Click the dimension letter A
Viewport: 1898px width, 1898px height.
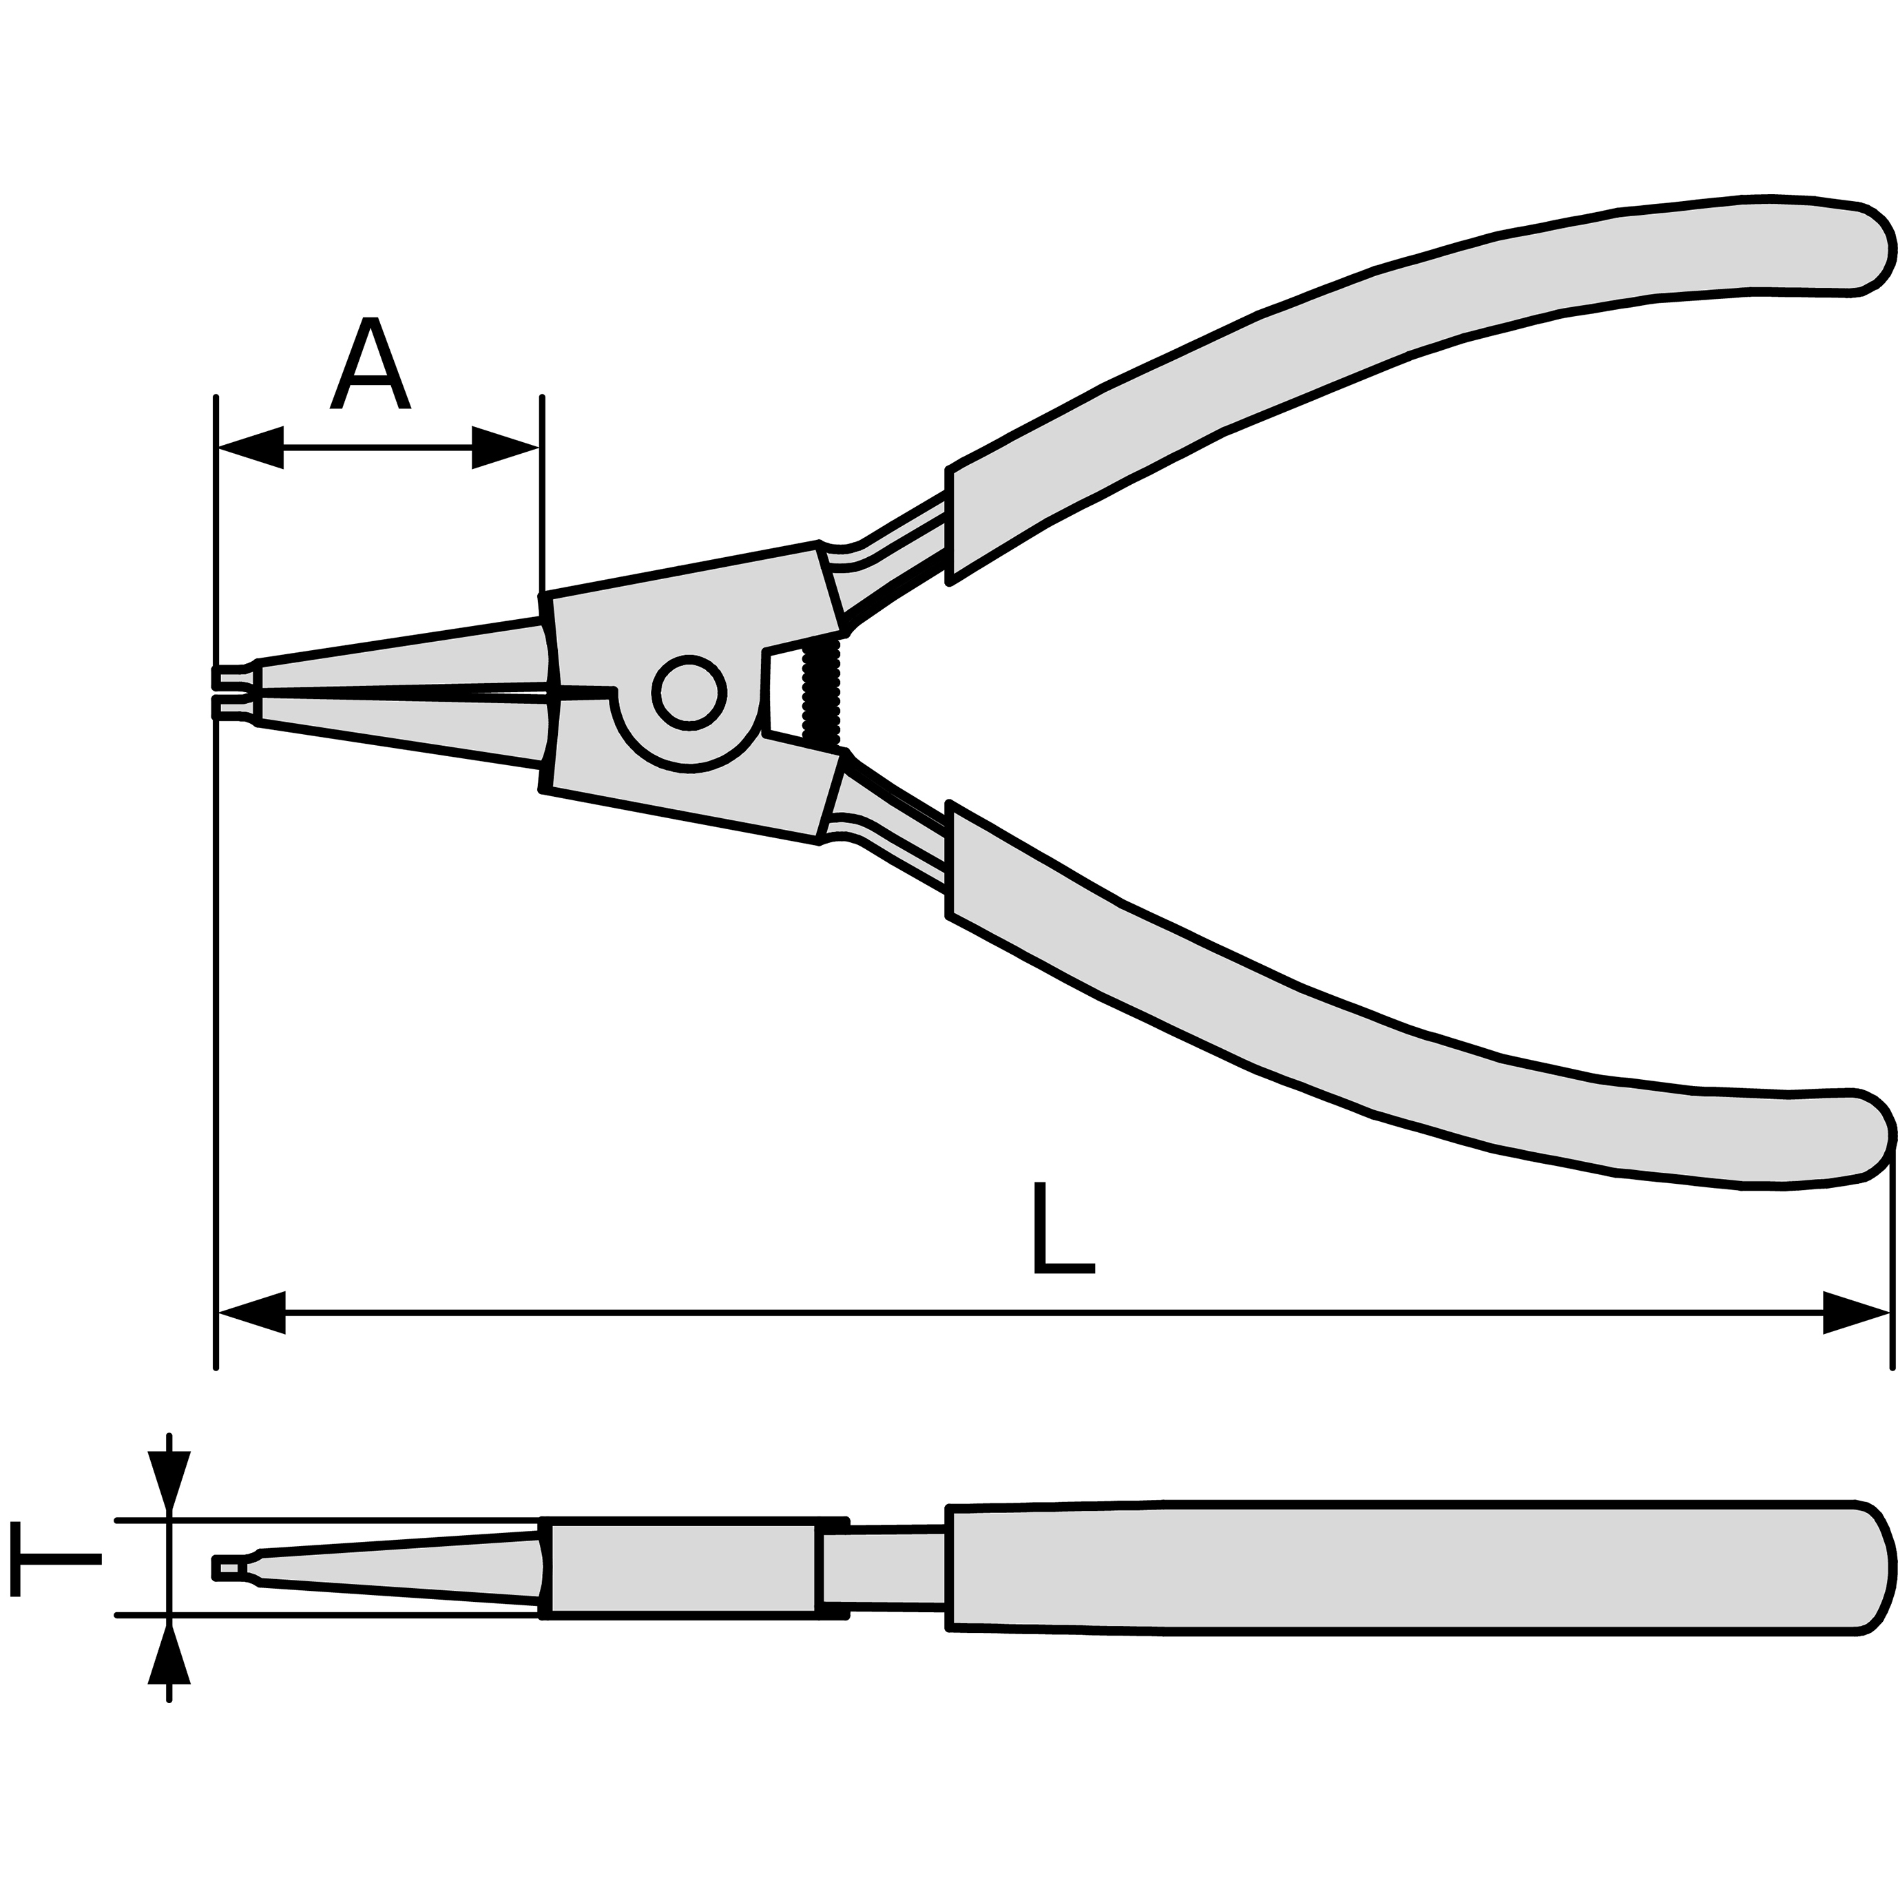(371, 362)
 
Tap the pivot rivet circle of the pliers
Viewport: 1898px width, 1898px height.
(689, 693)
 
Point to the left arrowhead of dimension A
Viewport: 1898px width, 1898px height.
(251, 447)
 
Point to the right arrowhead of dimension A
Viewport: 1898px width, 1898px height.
(505, 447)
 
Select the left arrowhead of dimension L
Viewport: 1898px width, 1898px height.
(251, 1313)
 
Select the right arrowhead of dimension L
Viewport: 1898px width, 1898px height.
(1856, 1313)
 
